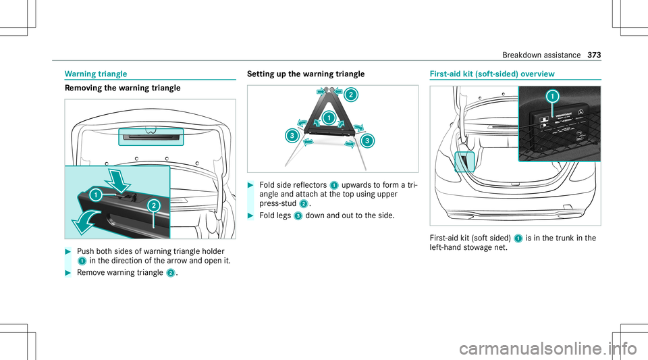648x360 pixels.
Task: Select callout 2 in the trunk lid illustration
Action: pyautogui.click(x=153, y=205)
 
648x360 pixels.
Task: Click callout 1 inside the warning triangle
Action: pyautogui.click(x=329, y=118)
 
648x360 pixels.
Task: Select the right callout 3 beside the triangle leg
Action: pyautogui.click(x=367, y=140)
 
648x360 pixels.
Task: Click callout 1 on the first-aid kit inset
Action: pyautogui.click(x=553, y=97)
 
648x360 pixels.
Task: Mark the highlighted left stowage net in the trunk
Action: pyautogui.click(x=465, y=162)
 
